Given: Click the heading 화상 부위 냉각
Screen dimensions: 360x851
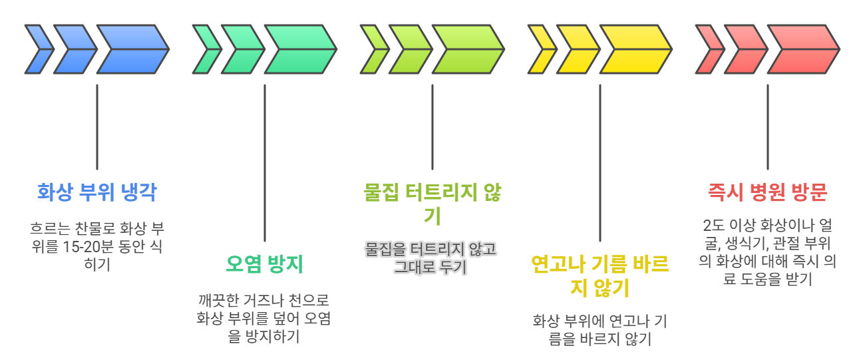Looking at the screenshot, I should pyautogui.click(x=97, y=193).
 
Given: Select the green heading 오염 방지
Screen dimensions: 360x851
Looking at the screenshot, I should pyautogui.click(x=264, y=264).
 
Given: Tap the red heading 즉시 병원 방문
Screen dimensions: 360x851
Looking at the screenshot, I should pyautogui.click(x=767, y=193).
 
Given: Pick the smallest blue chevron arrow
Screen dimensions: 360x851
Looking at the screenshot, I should pyautogui.click(x=39, y=49).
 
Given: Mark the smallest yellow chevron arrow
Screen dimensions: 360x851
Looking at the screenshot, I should pyautogui.click(x=542, y=49).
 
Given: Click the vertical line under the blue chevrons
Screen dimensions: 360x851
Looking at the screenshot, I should pyautogui.click(x=97, y=126).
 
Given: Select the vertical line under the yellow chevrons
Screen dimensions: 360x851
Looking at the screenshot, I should pyautogui.click(x=600, y=163).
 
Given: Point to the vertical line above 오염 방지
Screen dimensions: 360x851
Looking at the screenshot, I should pyautogui.click(x=265, y=163).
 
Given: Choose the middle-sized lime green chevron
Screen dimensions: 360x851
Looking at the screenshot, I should pyautogui.click(x=409, y=49).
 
